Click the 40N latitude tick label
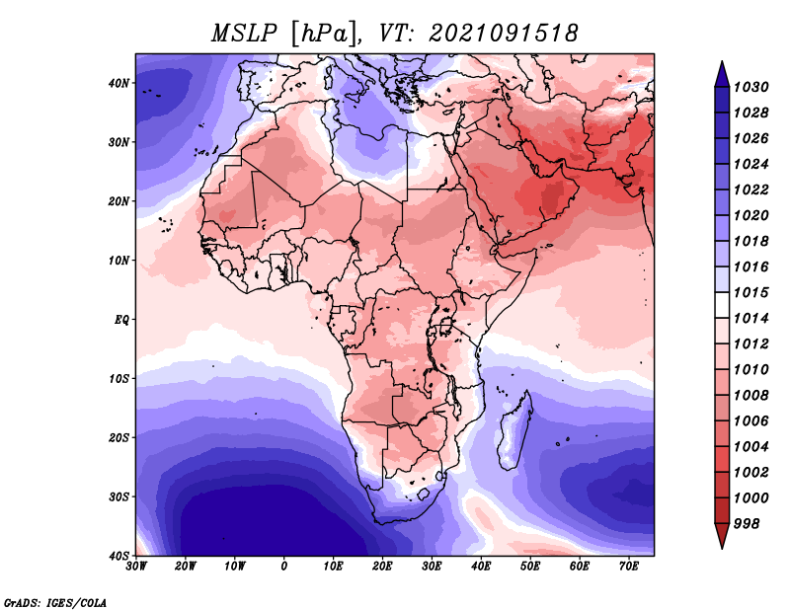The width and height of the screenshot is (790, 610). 118,83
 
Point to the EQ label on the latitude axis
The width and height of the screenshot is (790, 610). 121,320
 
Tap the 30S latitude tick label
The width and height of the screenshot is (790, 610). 118,496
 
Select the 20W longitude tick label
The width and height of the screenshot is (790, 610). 186,567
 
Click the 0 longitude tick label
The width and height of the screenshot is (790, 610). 284,567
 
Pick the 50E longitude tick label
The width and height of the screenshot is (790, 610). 530,567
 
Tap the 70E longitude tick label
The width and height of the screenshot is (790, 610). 628,567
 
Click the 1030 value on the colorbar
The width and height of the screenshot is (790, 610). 750,87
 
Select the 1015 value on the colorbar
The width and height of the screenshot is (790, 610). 750,292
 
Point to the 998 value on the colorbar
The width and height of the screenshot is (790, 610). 747,524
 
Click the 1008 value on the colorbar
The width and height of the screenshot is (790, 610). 750,396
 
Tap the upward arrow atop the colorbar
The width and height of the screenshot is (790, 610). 722,74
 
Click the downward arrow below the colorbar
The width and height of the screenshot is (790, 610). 722,536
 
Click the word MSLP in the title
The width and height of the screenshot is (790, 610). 244,34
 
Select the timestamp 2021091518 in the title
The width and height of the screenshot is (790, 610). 504,34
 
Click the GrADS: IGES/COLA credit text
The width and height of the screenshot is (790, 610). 55,603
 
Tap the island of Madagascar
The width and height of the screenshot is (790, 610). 514,432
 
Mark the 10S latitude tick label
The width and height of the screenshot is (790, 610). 118,379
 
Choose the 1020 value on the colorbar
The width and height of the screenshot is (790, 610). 750,215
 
